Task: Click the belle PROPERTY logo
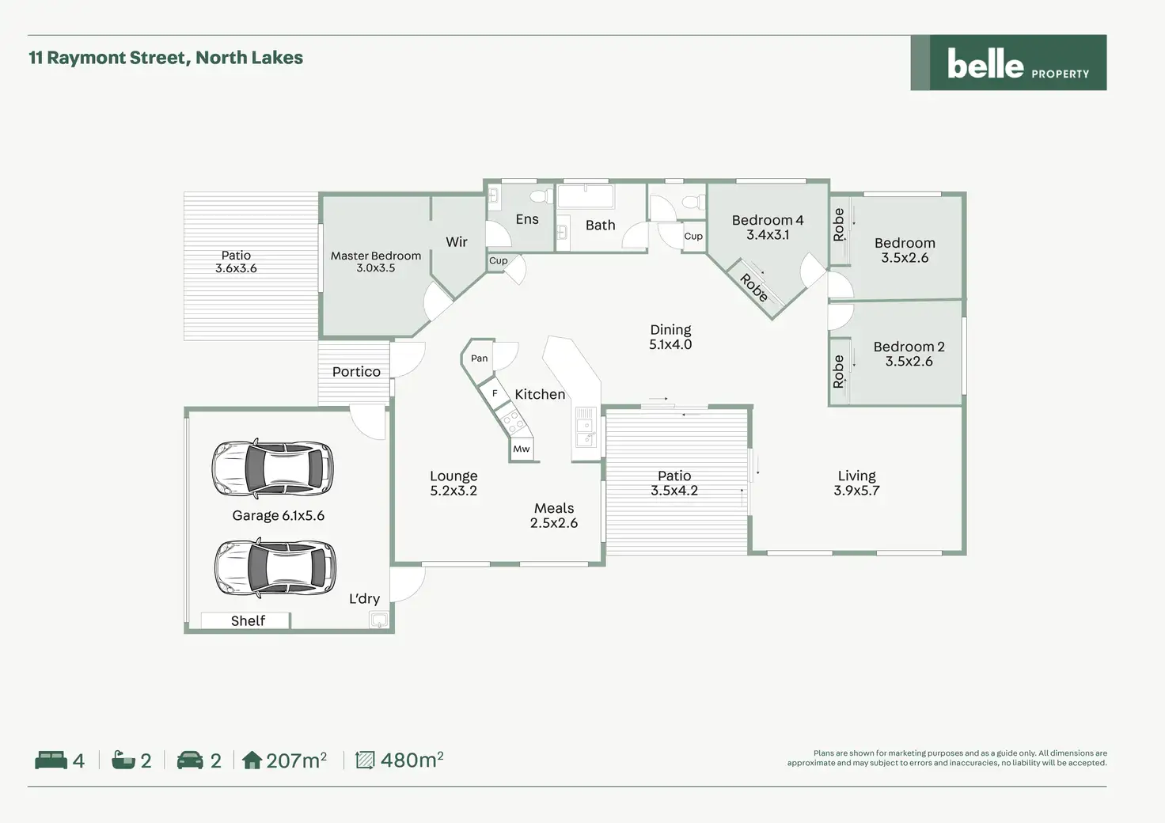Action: click(1008, 63)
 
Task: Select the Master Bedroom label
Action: click(376, 256)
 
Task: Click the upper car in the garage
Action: click(272, 468)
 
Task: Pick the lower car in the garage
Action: click(275, 567)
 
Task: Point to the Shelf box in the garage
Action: click(245, 620)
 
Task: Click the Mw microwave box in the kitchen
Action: click(522, 449)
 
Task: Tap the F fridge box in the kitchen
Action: click(495, 393)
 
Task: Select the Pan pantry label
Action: click(480, 358)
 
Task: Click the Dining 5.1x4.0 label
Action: click(670, 337)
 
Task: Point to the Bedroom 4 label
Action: click(768, 221)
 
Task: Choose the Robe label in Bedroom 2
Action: click(838, 372)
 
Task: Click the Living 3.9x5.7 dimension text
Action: click(856, 491)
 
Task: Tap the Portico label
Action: click(356, 372)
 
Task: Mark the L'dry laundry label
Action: click(364, 599)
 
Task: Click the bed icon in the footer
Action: click(51, 760)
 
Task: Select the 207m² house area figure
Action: click(297, 760)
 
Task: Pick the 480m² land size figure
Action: click(412, 760)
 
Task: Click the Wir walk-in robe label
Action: click(457, 241)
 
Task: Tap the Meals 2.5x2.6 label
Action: click(554, 515)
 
